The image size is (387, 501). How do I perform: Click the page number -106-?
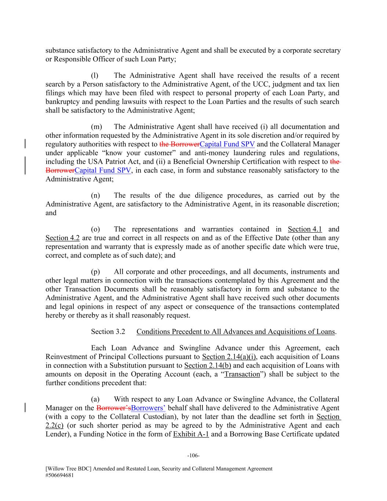point(193,456)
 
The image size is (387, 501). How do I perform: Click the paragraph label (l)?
point(95,76)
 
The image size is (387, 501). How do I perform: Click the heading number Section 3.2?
point(108,332)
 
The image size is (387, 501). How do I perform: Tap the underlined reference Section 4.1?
point(305,229)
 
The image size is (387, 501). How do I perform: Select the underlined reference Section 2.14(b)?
point(208,366)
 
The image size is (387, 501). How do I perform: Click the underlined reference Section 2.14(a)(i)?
point(229,357)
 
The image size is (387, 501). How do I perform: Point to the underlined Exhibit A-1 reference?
point(191,435)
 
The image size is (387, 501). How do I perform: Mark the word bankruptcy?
point(62,102)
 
